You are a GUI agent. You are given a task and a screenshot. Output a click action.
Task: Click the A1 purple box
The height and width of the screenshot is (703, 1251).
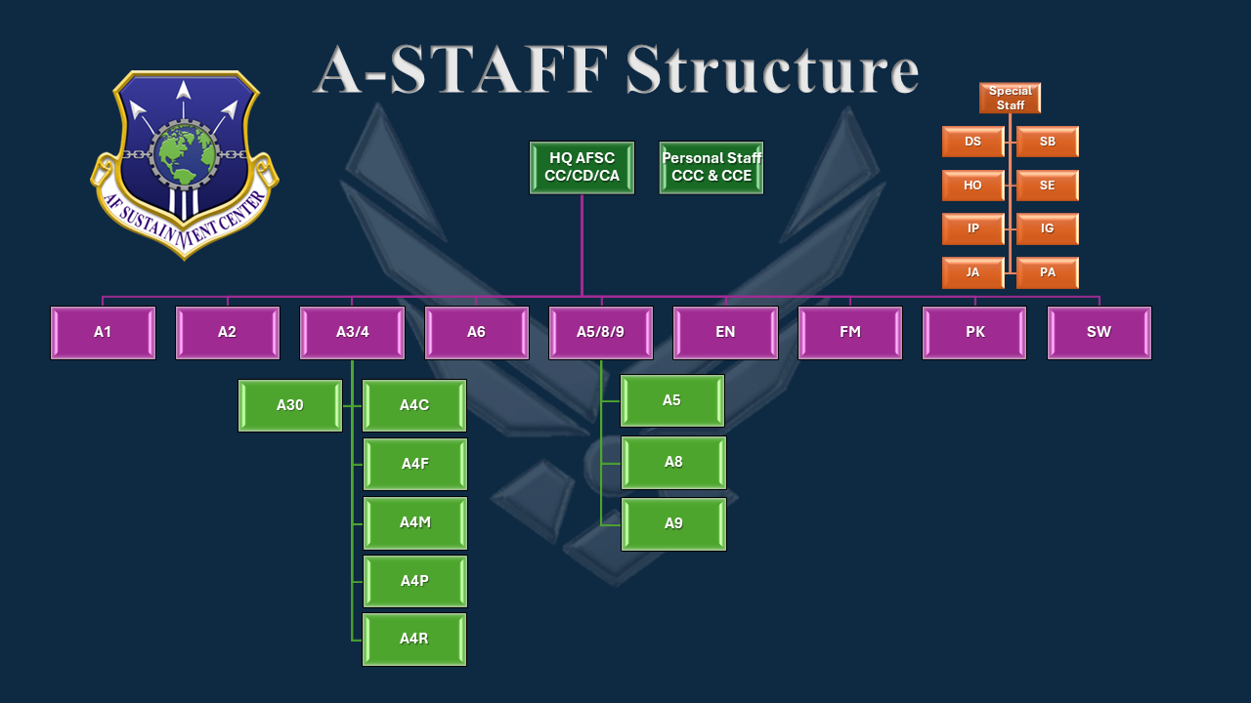coord(103,333)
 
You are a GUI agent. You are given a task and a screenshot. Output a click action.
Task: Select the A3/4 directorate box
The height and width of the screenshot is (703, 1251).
coord(352,333)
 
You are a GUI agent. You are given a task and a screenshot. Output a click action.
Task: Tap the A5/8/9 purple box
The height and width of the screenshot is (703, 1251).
coord(601,333)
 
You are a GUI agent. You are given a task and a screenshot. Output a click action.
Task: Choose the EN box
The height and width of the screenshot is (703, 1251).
coord(725,333)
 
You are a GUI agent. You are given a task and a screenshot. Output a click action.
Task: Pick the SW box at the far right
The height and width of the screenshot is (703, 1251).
coord(1099,333)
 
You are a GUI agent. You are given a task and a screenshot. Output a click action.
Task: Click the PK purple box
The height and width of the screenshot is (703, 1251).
coord(974,333)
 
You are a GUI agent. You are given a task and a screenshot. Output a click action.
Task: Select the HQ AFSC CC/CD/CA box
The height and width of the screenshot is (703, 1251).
coord(582,168)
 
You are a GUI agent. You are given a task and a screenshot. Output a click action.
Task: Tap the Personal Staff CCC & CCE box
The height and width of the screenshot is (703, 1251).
coord(712,168)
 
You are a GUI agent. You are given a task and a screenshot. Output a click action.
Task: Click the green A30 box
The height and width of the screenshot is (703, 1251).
coord(290,405)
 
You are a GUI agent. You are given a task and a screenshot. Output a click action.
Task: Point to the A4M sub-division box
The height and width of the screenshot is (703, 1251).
coord(414,522)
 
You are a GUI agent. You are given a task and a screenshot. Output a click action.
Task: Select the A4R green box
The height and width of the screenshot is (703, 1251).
coord(414,640)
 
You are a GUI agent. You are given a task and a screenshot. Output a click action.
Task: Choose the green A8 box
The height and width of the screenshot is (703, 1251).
coord(673,462)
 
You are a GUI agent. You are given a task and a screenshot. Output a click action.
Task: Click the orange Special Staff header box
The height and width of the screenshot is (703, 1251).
coord(1010,98)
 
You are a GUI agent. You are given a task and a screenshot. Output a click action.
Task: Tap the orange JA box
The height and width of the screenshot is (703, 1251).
coord(972,272)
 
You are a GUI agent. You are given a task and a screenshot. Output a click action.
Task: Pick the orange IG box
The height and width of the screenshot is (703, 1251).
coord(1047,228)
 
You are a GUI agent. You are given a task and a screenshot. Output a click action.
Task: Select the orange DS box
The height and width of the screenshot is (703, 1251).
coord(972,142)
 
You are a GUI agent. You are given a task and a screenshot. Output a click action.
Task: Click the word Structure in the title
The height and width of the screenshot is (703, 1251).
coord(772,70)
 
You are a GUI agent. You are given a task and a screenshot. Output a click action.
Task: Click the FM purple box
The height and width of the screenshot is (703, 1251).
coord(850,333)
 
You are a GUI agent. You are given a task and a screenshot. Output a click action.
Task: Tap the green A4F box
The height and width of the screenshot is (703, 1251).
coord(414,464)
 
